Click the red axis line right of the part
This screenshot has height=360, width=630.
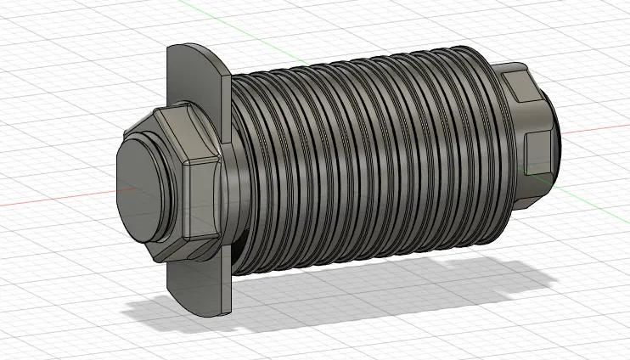point(594,130)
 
